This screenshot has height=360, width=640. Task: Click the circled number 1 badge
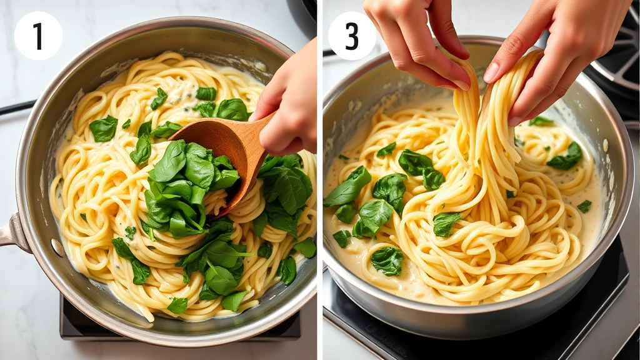click(38, 36)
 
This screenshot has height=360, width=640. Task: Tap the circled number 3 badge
click(352, 36)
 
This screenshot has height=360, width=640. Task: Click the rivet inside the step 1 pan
click(57, 247)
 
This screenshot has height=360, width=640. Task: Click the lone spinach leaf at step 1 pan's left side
click(103, 128)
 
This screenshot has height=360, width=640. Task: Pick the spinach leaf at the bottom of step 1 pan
click(177, 306)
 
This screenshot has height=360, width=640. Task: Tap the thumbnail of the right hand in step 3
click(492, 72)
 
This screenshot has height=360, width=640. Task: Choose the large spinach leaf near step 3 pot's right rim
click(566, 157)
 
